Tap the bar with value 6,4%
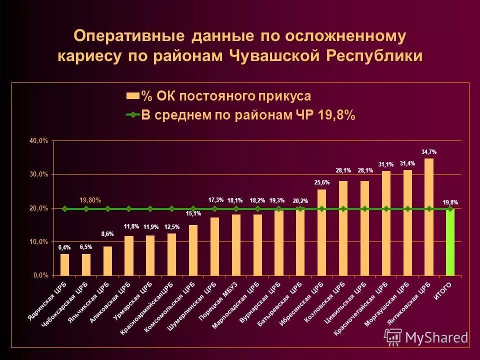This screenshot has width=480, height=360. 64,264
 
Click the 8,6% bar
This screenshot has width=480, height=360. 107,260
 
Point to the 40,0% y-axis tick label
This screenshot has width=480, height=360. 38,141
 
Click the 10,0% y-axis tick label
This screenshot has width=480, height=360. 38,241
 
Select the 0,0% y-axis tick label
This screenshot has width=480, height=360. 40,275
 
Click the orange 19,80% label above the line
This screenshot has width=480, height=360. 90,200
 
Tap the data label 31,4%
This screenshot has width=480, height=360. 407,163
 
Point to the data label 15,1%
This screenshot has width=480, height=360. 193,214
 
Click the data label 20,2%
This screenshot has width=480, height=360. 300,201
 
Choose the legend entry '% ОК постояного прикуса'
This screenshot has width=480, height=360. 225,96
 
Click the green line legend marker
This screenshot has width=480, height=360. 132,115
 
